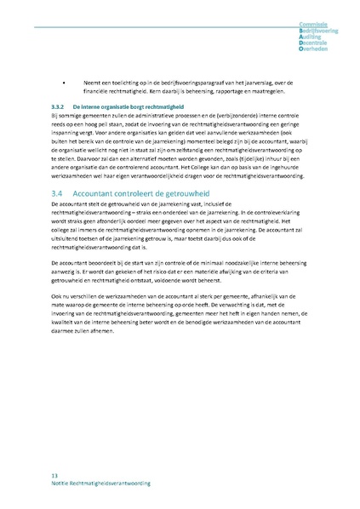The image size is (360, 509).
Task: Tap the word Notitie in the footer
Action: click(62, 483)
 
